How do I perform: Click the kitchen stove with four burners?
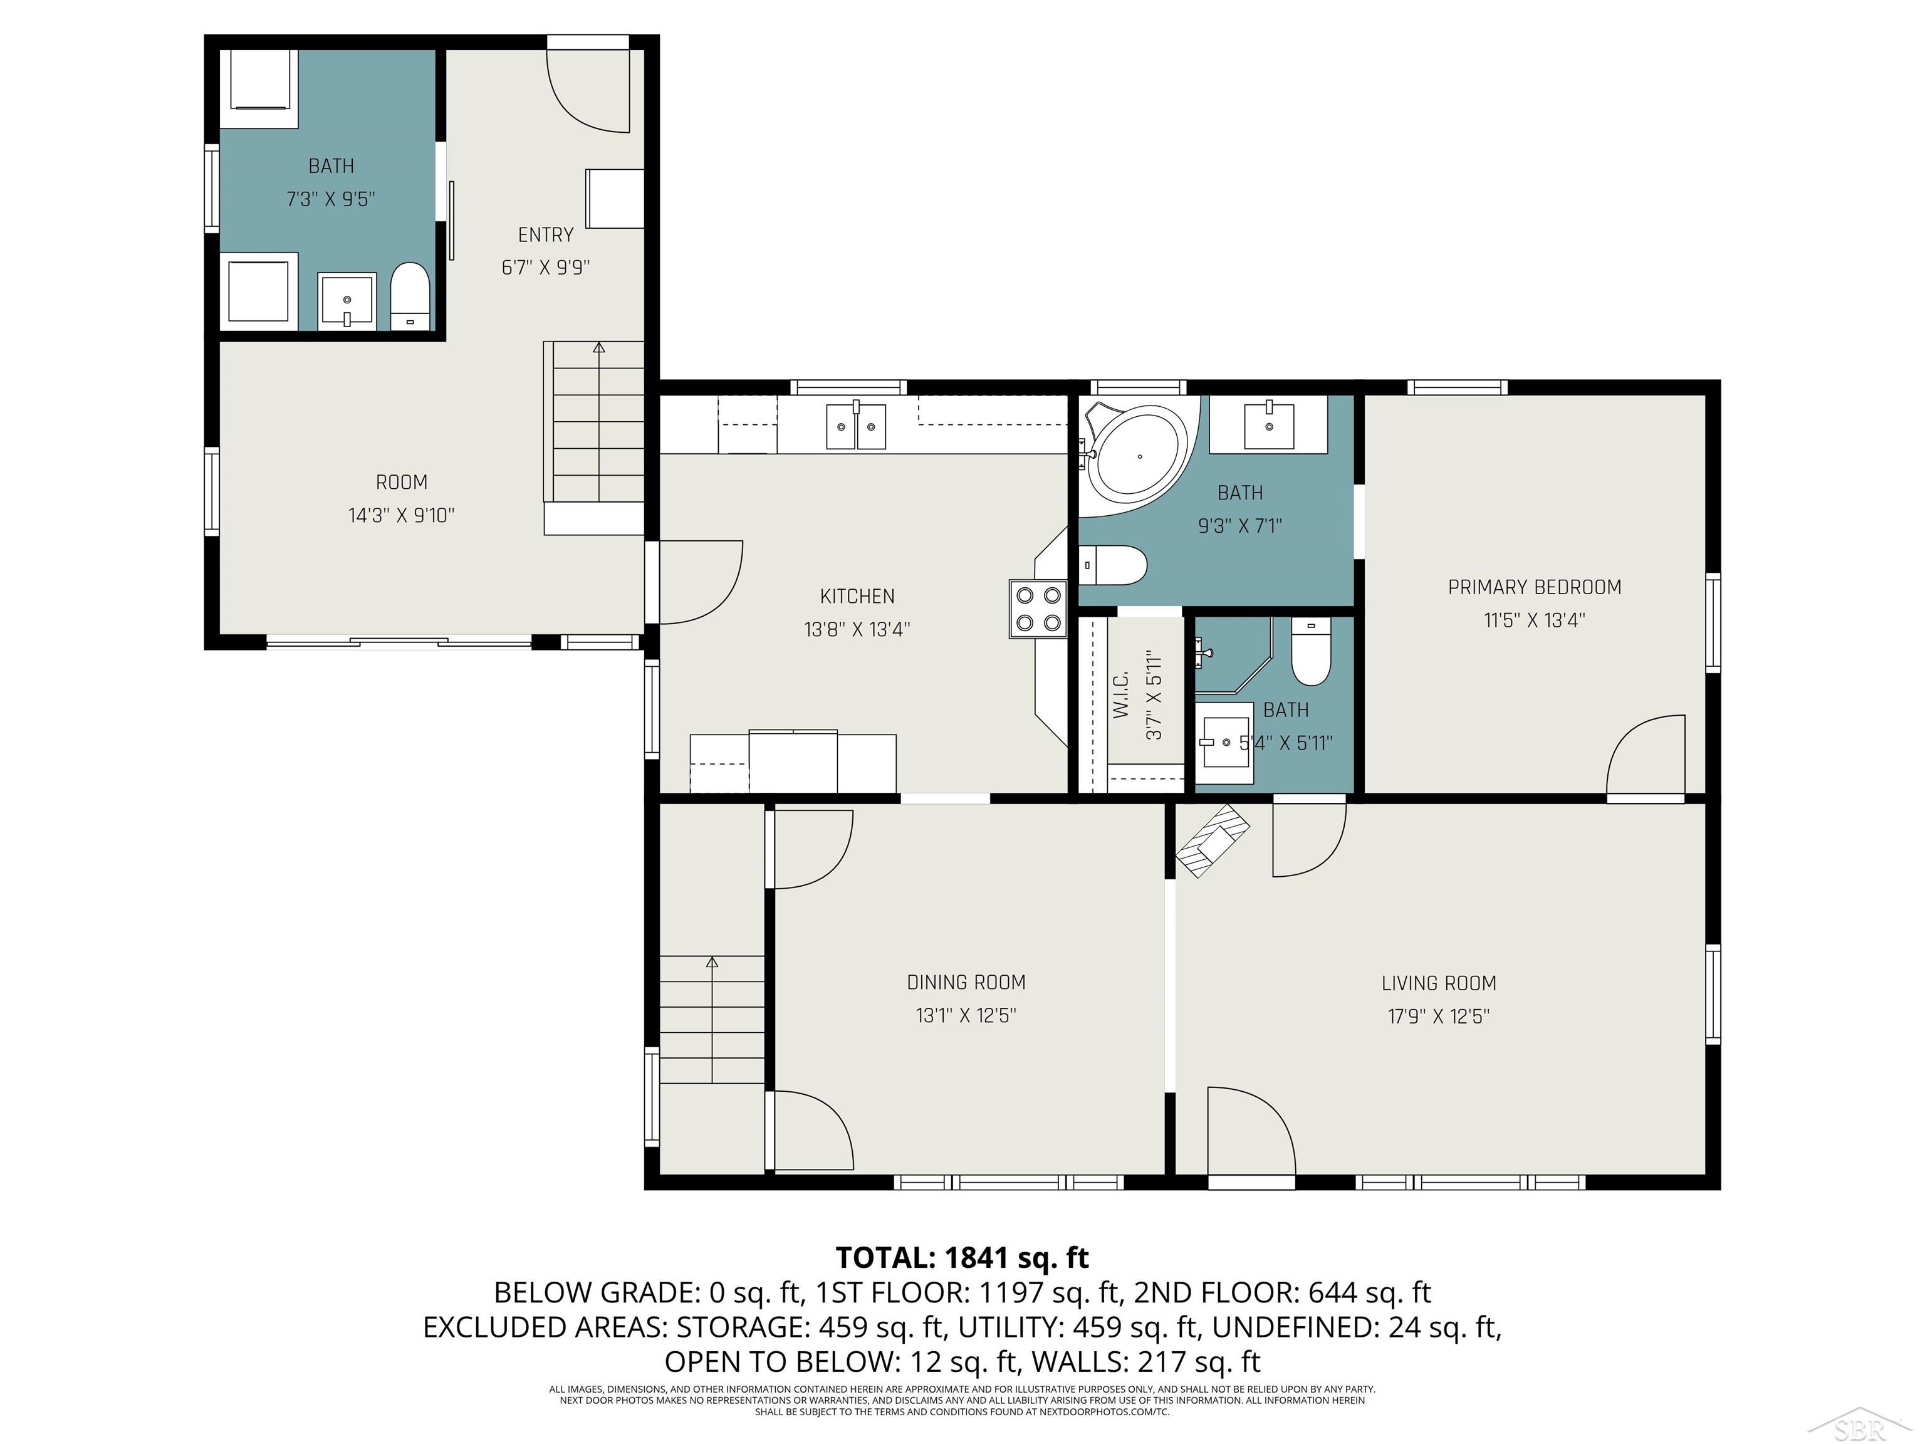pyautogui.click(x=1038, y=609)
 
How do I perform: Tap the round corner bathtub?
pyautogui.click(x=1139, y=455)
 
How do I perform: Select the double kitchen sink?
pyautogui.click(x=855, y=427)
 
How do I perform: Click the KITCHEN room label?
pyautogui.click(x=857, y=596)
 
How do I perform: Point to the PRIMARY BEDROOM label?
pyautogui.click(x=1534, y=587)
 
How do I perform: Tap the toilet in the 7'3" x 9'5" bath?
pyautogui.click(x=410, y=296)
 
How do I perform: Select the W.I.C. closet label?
pyautogui.click(x=1121, y=694)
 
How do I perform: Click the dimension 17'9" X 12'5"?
pyautogui.click(x=1439, y=1017)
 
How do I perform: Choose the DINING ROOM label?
pyautogui.click(x=966, y=983)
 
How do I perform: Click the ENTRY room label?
pyautogui.click(x=546, y=235)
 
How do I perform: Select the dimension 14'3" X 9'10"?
pyautogui.click(x=401, y=515)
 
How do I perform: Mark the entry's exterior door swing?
pyautogui.click(x=587, y=92)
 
